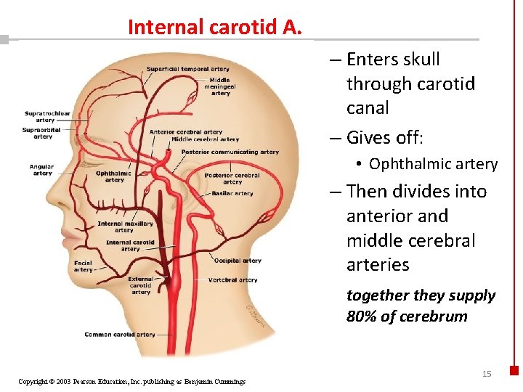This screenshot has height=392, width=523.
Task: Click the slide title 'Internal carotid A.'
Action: pyautogui.click(x=215, y=28)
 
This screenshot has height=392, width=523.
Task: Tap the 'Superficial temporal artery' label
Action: pyautogui.click(x=188, y=69)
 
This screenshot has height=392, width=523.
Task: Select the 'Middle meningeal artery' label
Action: pyautogui.click(x=219, y=86)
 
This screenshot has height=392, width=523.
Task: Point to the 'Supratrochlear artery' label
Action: pyautogui.click(x=47, y=117)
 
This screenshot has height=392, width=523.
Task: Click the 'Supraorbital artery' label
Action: pyautogui.click(x=43, y=133)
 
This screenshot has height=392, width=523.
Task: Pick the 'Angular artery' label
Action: pyautogui.click(x=42, y=170)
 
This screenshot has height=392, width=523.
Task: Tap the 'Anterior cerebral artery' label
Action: pyautogui.click(x=186, y=132)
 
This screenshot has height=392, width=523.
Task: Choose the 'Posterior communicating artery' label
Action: pyautogui.click(x=230, y=152)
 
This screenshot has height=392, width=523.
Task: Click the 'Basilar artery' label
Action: pyautogui.click(x=232, y=194)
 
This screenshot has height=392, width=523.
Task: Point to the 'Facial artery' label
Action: pyautogui.click(x=83, y=266)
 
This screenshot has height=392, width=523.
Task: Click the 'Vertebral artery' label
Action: pyautogui.click(x=232, y=279)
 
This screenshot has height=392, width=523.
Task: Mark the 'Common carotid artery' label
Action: pyautogui.click(x=120, y=335)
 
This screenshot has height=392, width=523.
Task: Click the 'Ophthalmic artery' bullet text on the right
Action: pyautogui.click(x=433, y=164)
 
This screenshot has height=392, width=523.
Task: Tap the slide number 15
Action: pyautogui.click(x=487, y=374)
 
